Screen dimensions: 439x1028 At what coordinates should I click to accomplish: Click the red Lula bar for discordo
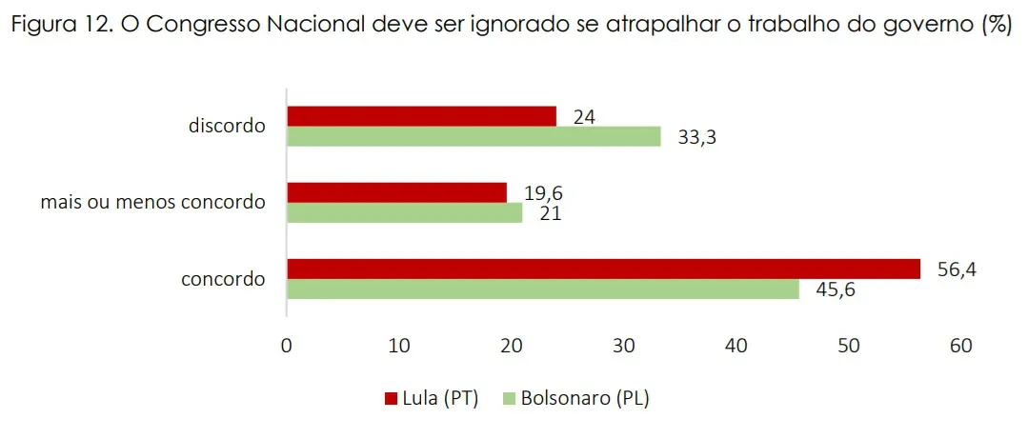click(x=421, y=116)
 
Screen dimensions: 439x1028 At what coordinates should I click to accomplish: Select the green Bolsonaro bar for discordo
click(x=474, y=137)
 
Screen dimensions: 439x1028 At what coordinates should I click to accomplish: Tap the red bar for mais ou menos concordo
click(x=396, y=192)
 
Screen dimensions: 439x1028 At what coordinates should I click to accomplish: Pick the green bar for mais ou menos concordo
click(x=404, y=213)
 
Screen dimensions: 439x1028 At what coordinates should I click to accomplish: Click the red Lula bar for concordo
click(x=603, y=269)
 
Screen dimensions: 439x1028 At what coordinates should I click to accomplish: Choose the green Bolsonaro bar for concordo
click(x=542, y=289)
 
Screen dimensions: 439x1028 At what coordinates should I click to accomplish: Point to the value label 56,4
click(x=956, y=269)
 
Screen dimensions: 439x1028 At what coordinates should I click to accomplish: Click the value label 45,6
click(x=835, y=289)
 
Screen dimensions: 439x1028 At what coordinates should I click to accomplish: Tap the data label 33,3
click(x=696, y=138)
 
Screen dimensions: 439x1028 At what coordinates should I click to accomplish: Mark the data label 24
click(x=584, y=117)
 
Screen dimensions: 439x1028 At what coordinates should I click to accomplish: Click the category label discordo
click(x=227, y=126)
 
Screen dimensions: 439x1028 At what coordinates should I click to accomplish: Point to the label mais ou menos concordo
click(x=152, y=203)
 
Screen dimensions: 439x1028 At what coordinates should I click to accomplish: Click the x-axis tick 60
click(x=960, y=346)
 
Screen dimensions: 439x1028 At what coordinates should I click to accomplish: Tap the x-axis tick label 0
click(x=287, y=346)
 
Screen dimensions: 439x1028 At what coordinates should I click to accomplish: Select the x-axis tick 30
click(x=624, y=346)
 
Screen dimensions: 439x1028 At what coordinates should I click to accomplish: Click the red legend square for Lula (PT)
click(x=389, y=399)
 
